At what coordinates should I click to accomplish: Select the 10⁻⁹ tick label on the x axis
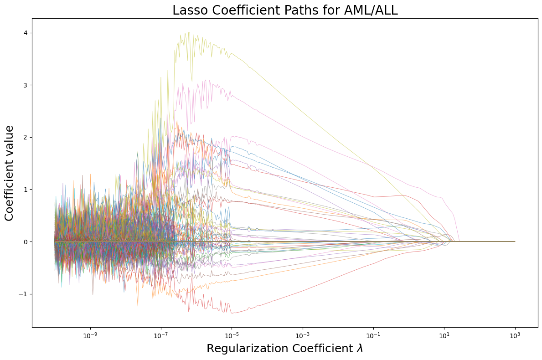(x=90, y=336)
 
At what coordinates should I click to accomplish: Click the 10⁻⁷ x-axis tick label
(x=161, y=336)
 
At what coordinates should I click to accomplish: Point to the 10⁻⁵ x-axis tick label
(x=232, y=336)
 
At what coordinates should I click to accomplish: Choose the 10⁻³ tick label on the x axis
(x=303, y=336)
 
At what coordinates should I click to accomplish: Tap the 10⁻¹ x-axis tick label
(x=373, y=336)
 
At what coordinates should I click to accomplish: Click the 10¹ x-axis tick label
(x=444, y=336)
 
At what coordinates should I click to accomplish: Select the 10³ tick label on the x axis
(x=515, y=336)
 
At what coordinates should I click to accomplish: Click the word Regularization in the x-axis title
(x=239, y=349)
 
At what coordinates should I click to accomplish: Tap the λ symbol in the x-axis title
(x=360, y=349)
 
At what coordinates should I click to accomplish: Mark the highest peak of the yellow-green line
(x=187, y=32)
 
